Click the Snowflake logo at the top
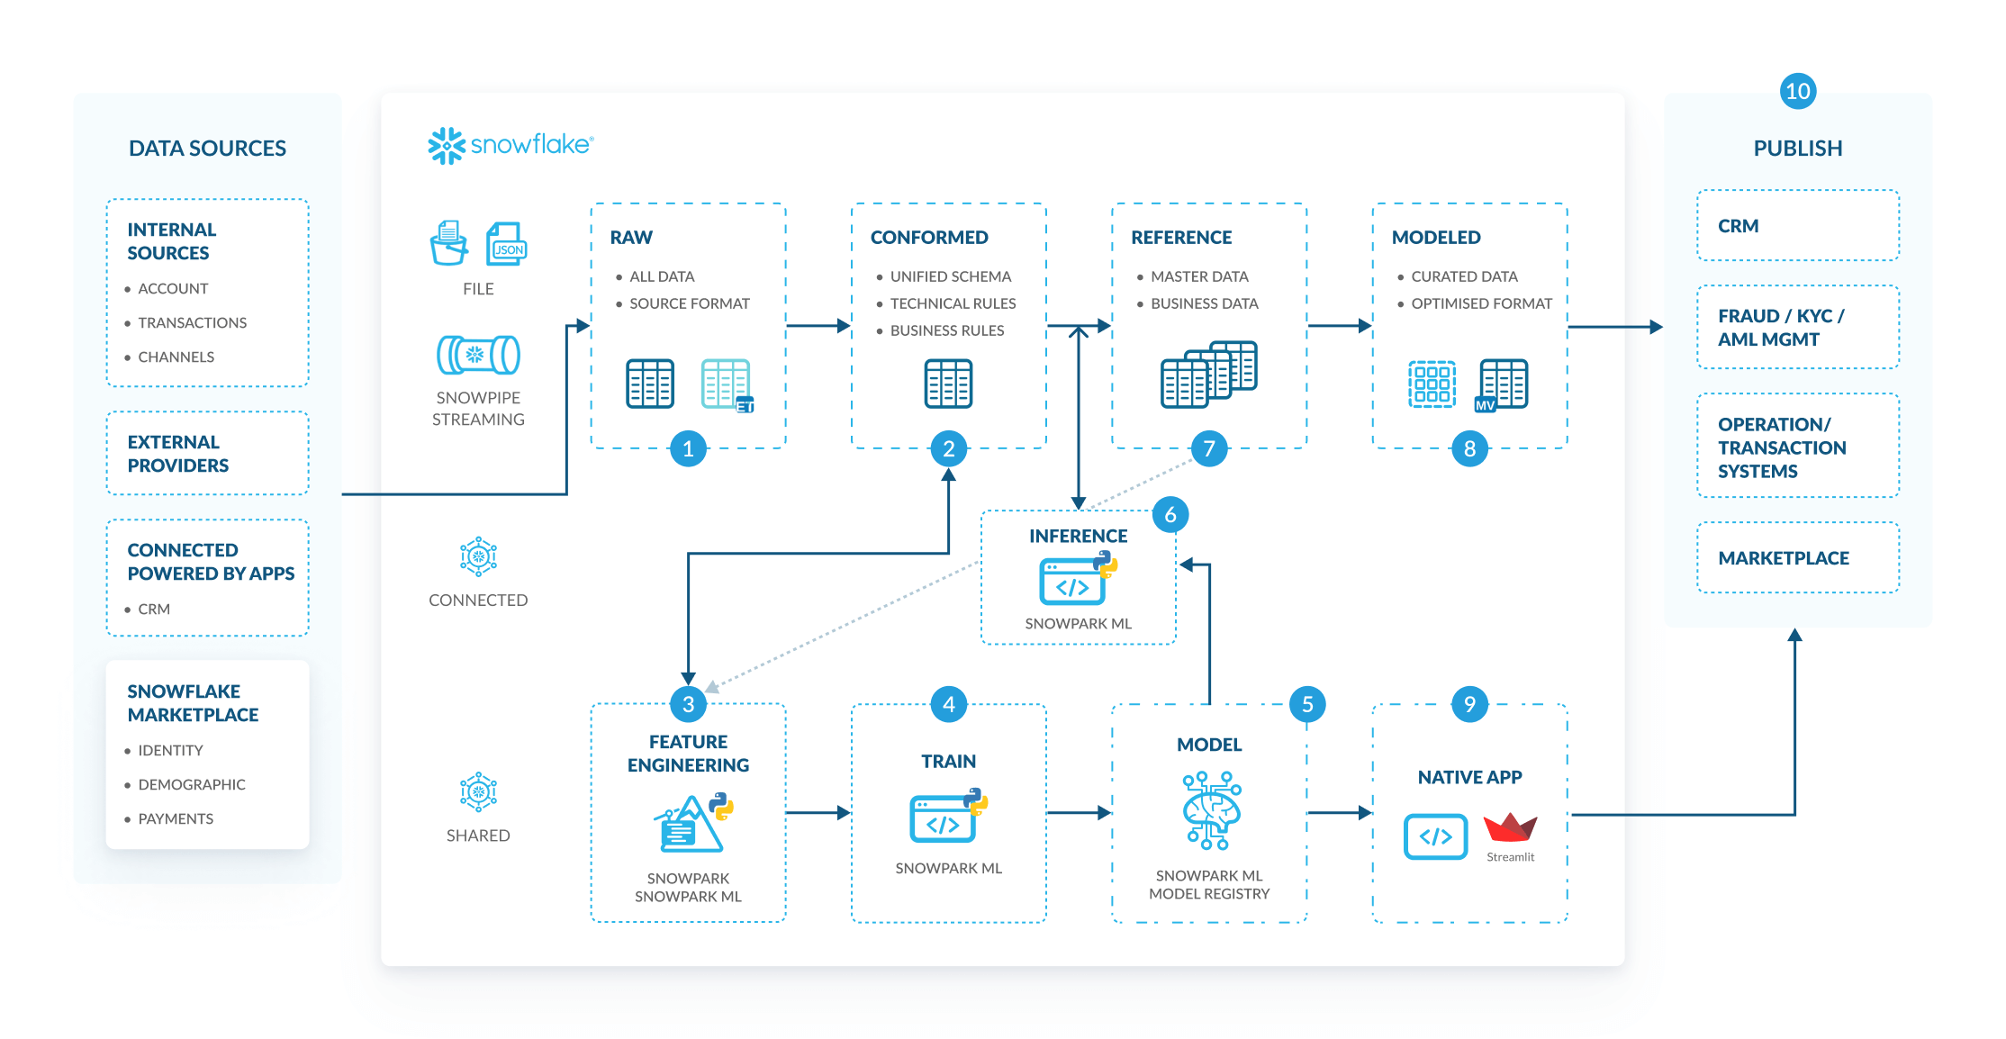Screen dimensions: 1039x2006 tap(510, 145)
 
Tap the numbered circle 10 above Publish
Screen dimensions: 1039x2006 tap(1797, 91)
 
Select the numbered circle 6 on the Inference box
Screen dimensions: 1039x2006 tap(1170, 514)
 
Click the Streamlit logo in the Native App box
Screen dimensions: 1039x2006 tap(1510, 828)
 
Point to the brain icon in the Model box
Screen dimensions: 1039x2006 tap(1210, 810)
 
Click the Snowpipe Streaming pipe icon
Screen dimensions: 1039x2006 tap(478, 355)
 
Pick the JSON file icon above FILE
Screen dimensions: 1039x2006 tap(506, 244)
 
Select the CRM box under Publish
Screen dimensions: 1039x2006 tap(1797, 226)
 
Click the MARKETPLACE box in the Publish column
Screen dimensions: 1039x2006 tap(1797, 558)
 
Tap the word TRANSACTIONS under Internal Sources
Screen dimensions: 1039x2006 tap(192, 322)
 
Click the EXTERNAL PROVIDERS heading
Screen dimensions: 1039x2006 tap(177, 454)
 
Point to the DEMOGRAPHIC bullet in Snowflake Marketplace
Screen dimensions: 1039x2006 tap(191, 784)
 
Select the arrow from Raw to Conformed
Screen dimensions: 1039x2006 tap(818, 326)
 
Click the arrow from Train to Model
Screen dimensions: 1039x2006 tap(1078, 813)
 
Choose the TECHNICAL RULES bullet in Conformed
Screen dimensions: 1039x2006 tap(953, 303)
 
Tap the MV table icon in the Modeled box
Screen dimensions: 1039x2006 tap(1502, 384)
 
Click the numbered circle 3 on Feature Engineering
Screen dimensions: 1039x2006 tap(688, 704)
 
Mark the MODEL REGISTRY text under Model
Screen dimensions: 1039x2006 tap(1208, 894)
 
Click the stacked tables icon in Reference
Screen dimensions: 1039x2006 tap(1208, 374)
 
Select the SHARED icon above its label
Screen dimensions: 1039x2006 tap(478, 792)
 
